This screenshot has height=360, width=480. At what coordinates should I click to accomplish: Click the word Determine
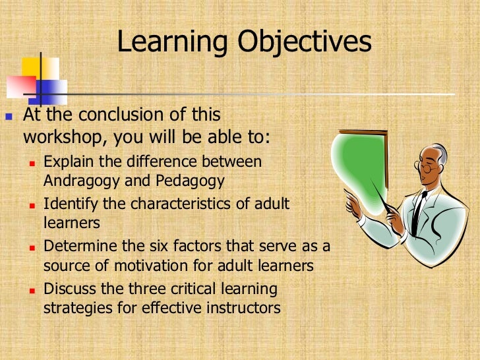[75, 247]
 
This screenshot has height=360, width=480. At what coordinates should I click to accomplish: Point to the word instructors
[245, 307]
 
